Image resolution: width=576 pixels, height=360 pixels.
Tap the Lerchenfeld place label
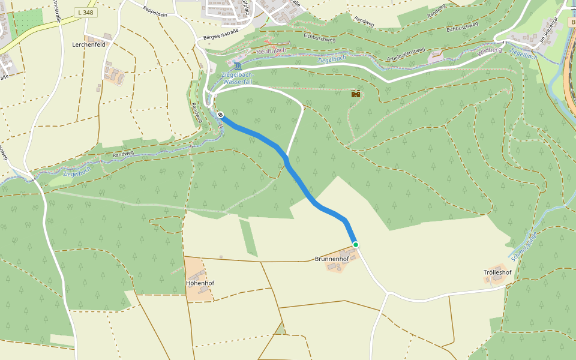(88, 44)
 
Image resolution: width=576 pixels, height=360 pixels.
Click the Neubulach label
(271, 51)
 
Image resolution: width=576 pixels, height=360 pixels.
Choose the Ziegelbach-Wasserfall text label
(238, 78)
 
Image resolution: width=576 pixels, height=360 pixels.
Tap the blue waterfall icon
(238, 65)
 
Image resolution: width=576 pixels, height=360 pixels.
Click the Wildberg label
(490, 50)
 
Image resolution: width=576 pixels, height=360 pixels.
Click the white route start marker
(221, 115)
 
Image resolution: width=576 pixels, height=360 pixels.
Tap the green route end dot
(355, 245)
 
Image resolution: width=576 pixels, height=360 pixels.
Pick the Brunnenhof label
(332, 259)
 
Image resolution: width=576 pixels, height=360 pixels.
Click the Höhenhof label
(200, 283)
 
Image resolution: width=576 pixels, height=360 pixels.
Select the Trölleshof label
(497, 272)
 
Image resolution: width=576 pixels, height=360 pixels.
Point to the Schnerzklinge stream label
(523, 246)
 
